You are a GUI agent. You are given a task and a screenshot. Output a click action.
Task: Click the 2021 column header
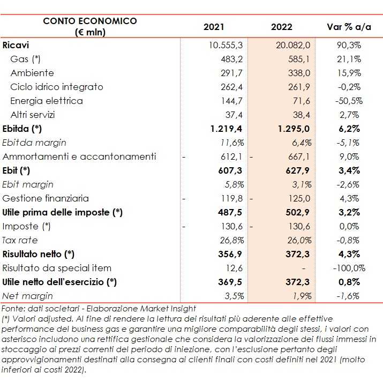[214, 27]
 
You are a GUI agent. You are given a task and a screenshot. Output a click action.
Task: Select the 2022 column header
[282, 27]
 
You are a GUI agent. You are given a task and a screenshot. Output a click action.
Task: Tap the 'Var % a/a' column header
[346, 27]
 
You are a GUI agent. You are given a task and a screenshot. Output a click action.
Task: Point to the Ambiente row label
[32, 73]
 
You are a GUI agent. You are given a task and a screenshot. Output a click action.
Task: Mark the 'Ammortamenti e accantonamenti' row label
[79, 157]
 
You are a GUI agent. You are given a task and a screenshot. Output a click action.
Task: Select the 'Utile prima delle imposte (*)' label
[63, 212]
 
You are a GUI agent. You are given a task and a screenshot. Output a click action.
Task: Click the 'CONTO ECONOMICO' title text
[90, 21]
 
